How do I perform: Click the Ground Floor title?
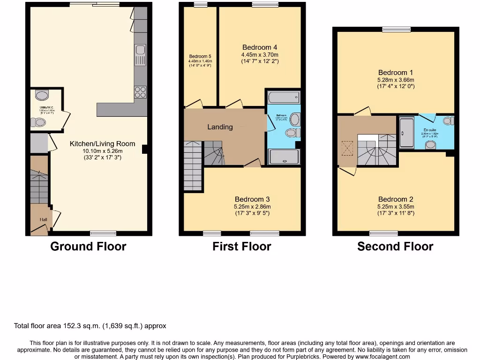88,246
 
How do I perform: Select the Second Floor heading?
395,246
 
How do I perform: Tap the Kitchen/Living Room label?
102,144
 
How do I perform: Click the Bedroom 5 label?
200,57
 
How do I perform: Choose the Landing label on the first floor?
220,127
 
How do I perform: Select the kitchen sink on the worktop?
140,54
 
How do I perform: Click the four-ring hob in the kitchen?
140,92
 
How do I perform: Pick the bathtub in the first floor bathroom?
283,97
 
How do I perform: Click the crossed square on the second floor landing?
347,149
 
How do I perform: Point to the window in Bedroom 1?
396,29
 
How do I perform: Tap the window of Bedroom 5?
201,5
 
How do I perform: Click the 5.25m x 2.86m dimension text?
253,207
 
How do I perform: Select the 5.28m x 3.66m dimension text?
396,80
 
